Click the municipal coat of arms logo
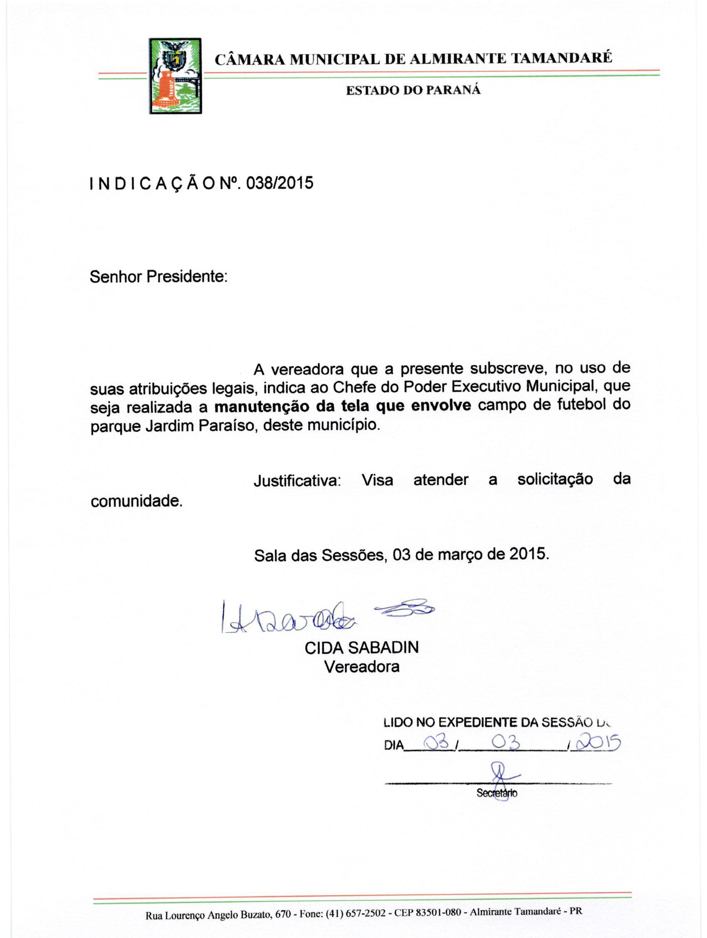175,76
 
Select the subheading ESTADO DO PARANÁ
414,90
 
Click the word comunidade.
136,501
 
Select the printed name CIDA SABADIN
361,648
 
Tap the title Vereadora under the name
361,667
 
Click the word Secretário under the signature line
497,793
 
